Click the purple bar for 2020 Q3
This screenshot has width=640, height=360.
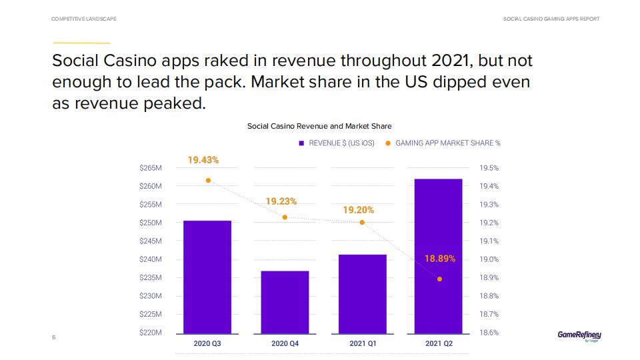click(207, 277)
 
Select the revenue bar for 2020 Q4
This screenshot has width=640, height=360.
click(285, 302)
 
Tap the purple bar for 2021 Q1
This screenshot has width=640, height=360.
click(362, 293)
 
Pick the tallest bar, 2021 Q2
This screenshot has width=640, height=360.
click(438, 256)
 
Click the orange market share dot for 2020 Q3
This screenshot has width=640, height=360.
click(208, 181)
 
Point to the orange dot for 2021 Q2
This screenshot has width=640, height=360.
click(439, 279)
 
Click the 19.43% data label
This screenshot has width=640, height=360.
click(203, 161)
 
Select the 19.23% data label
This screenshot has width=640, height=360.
click(281, 201)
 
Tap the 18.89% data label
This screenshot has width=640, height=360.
click(440, 259)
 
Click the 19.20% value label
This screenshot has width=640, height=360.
click(359, 210)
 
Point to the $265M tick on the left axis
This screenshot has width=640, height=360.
click(151, 168)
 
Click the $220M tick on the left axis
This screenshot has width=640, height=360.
click(151, 332)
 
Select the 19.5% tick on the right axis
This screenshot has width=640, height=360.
click(489, 168)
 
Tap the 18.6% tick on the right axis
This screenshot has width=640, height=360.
click(489, 332)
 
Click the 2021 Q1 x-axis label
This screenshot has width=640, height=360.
click(362, 344)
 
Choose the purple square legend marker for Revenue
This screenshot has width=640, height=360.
click(301, 143)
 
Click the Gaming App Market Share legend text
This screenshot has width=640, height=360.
click(447, 143)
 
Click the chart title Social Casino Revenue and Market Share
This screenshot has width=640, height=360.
click(319, 126)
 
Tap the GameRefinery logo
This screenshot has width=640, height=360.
click(579, 335)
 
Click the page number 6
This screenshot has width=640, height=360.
click(53, 337)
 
